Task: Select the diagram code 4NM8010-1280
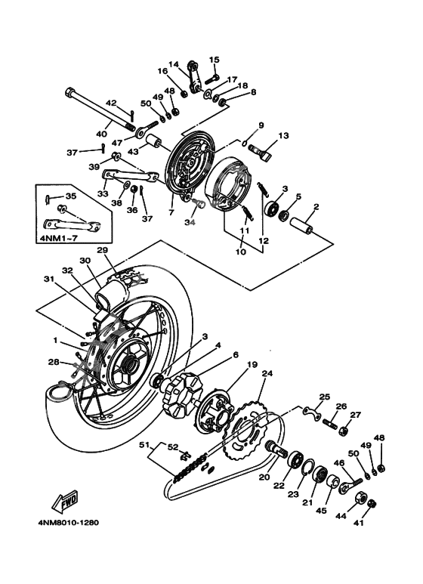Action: pyautogui.click(x=67, y=522)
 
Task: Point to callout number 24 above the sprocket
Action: pyautogui.click(x=266, y=372)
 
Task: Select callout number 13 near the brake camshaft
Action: pyautogui.click(x=284, y=136)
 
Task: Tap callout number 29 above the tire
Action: pyautogui.click(x=102, y=250)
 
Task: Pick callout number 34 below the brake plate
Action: pyautogui.click(x=190, y=222)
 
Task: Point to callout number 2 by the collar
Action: pyautogui.click(x=316, y=206)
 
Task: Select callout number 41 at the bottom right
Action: pyautogui.click(x=379, y=521)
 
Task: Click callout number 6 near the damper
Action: pyautogui.click(x=236, y=354)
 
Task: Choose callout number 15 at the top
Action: pyautogui.click(x=214, y=59)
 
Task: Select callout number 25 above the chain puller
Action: pyautogui.click(x=325, y=396)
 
